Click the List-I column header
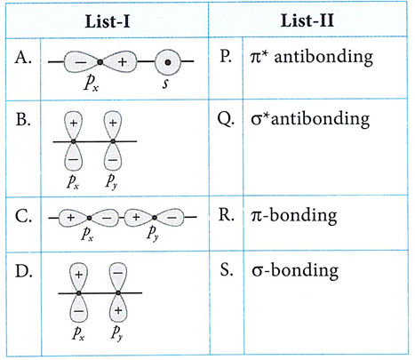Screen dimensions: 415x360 [x=108, y=21]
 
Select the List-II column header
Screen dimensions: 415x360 [x=307, y=20]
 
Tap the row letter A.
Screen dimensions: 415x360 [x=23, y=57]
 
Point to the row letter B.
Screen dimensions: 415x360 [x=23, y=120]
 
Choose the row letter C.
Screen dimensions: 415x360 [x=23, y=216]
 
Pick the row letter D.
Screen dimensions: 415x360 [x=24, y=271]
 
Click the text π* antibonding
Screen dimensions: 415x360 [x=312, y=57]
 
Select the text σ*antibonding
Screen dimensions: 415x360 [x=310, y=119]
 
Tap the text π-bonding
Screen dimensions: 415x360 [x=293, y=215]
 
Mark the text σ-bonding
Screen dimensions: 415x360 [x=295, y=270]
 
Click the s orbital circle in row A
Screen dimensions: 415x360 [x=168, y=62]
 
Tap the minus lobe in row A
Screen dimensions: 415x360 [x=81, y=62]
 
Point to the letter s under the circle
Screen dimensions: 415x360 [x=165, y=84]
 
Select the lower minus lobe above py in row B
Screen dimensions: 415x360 [x=113, y=156]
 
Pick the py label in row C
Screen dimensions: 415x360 [x=153, y=233]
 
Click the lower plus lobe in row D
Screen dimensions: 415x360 [x=118, y=308]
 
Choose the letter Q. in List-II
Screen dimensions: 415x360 [x=226, y=119]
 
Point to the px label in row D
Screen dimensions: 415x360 [x=78, y=332]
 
